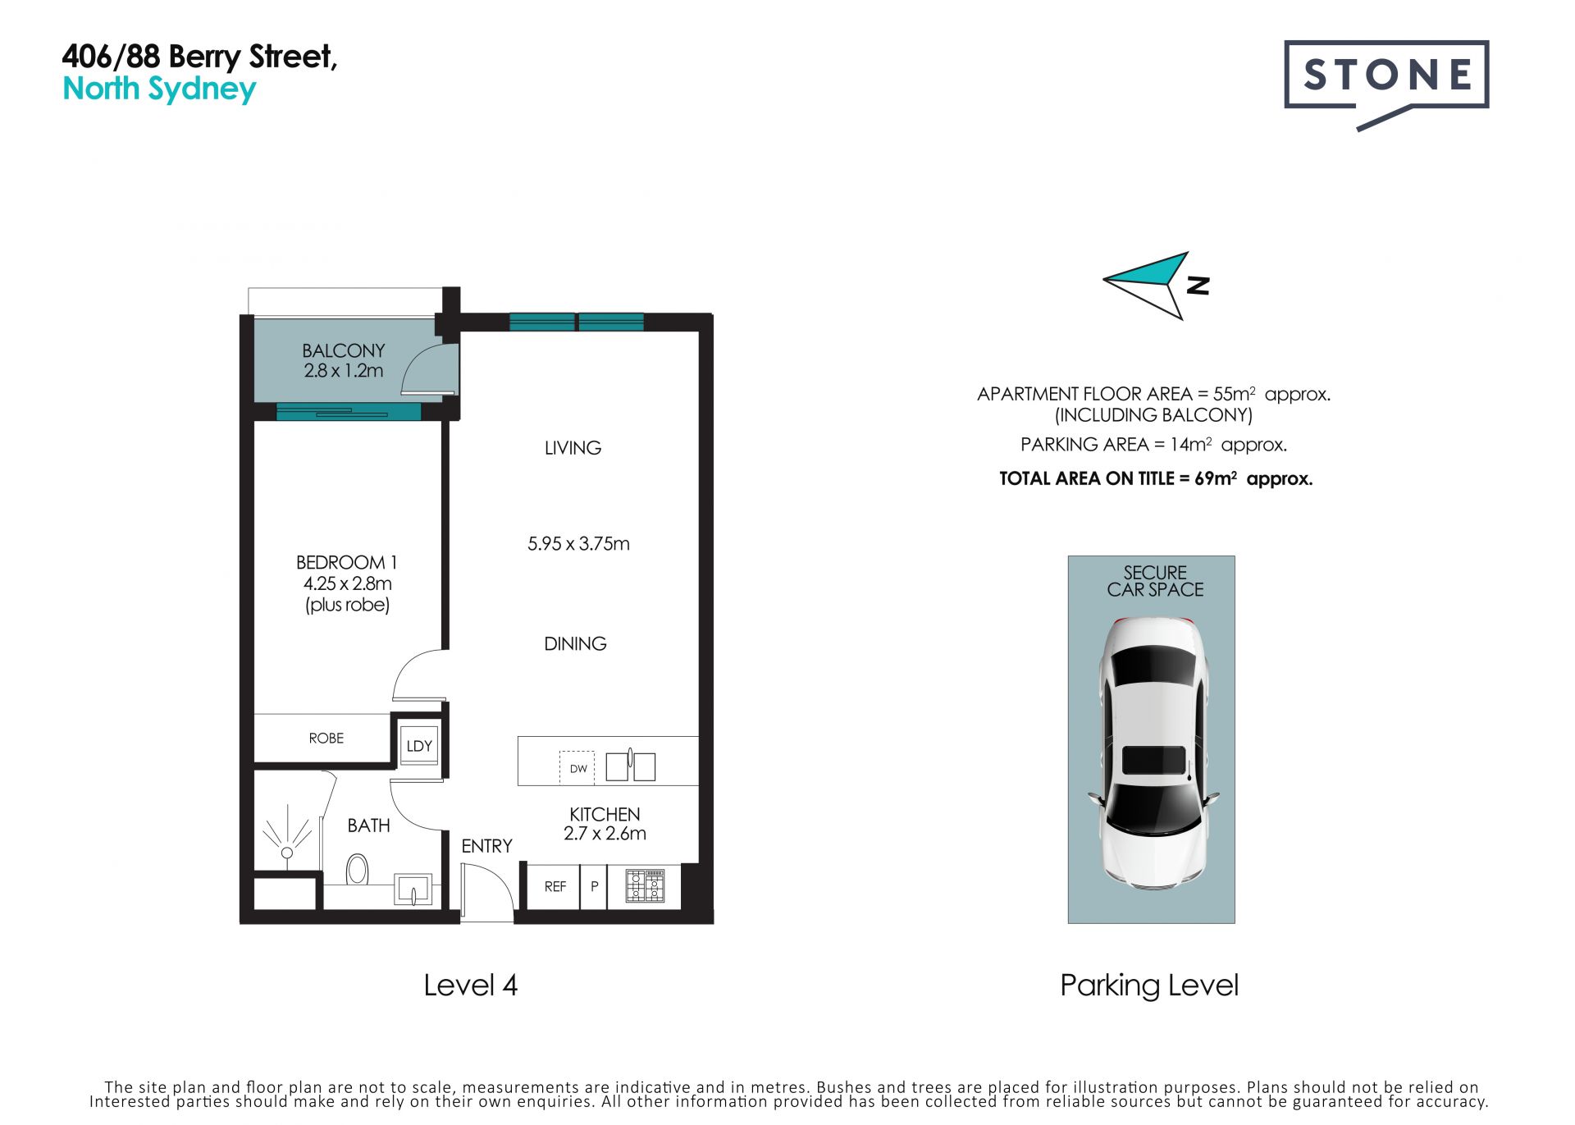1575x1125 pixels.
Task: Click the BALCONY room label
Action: click(x=343, y=350)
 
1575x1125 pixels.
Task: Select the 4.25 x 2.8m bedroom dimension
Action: click(x=348, y=583)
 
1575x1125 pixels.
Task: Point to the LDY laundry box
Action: click(x=419, y=745)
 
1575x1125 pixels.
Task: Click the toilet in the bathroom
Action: click(x=357, y=869)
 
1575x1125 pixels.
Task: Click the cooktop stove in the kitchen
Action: click(x=645, y=886)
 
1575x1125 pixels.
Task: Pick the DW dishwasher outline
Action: click(x=577, y=768)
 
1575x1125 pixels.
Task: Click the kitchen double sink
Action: click(x=630, y=766)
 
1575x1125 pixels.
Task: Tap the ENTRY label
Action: click(x=486, y=846)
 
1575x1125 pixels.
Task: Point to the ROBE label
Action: click(x=326, y=739)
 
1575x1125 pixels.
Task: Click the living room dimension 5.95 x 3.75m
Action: click(x=578, y=544)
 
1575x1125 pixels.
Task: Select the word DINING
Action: click(x=575, y=644)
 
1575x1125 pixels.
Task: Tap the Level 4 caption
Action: click(x=470, y=986)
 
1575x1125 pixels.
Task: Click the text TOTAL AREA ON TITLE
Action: click(x=1086, y=479)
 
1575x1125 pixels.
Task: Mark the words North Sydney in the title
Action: click(x=160, y=89)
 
